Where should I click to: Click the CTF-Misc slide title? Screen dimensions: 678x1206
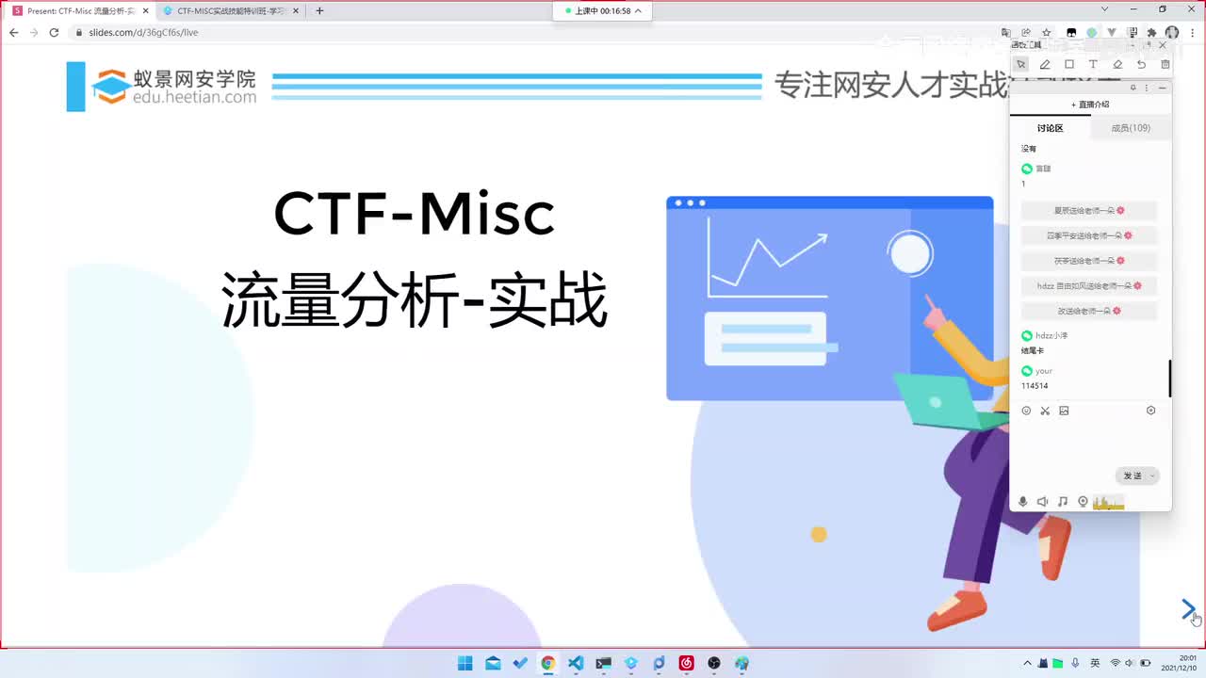point(414,214)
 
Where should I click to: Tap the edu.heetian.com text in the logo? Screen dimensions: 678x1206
point(194,97)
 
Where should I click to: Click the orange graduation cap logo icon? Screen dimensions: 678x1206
point(110,87)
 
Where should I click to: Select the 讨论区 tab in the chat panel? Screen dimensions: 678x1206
point(1050,128)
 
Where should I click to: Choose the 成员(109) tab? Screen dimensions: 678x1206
point(1131,128)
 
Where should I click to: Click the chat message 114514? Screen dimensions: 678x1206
point(1035,386)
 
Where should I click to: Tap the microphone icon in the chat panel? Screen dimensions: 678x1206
point(1023,502)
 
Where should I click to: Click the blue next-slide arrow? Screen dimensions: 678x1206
point(1188,609)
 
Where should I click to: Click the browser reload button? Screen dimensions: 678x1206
point(54,32)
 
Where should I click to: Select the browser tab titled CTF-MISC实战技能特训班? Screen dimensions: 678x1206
point(231,11)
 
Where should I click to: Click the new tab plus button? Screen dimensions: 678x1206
point(319,11)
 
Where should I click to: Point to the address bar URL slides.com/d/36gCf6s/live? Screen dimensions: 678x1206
point(143,32)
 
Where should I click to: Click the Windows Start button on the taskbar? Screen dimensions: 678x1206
point(464,663)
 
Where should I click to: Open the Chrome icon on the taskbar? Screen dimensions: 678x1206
point(547,663)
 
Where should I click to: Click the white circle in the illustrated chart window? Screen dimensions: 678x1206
point(909,253)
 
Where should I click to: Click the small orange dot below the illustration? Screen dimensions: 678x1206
point(819,535)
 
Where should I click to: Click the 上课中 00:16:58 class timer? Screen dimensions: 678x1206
point(604,11)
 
